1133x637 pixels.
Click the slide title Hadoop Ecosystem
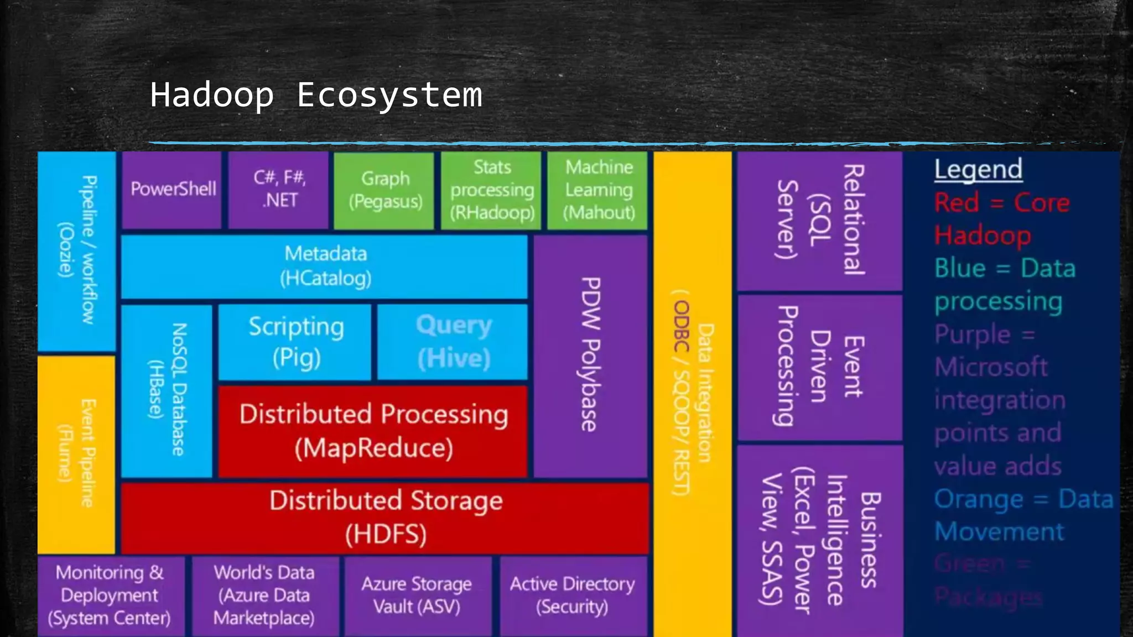316,95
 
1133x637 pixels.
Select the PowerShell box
172,190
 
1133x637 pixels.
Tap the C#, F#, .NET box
279,190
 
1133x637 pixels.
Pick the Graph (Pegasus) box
385,190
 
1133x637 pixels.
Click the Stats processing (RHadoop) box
492,190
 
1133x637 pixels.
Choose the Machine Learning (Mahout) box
598,190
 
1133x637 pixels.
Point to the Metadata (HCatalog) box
325,267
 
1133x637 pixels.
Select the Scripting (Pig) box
295,342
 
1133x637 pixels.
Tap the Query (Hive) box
453,342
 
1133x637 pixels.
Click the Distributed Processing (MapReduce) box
373,431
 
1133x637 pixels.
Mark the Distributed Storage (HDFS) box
386,518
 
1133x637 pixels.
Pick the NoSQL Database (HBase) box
167,390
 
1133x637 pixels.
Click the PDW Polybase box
591,355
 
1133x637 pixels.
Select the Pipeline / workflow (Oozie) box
77,250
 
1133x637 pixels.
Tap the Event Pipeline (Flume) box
76,453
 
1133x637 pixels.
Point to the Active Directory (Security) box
573,596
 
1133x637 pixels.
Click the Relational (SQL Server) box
820,221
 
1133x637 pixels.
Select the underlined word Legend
978,169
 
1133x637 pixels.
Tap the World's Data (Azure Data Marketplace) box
264,596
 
